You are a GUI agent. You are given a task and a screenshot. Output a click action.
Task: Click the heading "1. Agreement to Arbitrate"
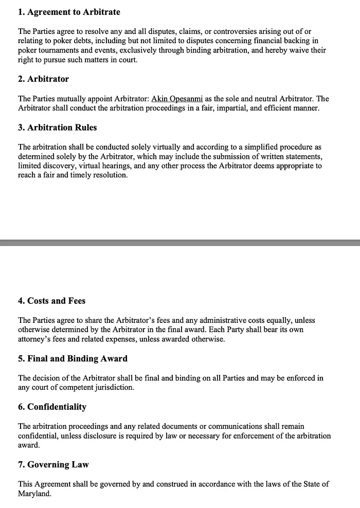[69, 12]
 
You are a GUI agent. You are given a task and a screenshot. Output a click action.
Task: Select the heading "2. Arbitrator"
[43, 79]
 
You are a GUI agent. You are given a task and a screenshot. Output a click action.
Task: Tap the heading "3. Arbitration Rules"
[57, 128]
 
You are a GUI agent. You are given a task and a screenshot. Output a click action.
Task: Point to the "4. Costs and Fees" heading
[51, 301]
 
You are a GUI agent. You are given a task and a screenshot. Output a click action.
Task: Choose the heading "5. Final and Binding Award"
[73, 358]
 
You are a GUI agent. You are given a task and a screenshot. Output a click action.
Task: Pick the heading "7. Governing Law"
[53, 464]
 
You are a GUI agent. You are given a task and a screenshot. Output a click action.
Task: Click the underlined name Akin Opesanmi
[177, 99]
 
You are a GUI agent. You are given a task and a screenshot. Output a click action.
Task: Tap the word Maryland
[35, 493]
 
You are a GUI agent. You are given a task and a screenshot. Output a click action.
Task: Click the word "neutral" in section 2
[260, 99]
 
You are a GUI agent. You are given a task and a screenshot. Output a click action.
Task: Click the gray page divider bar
[180, 242]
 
